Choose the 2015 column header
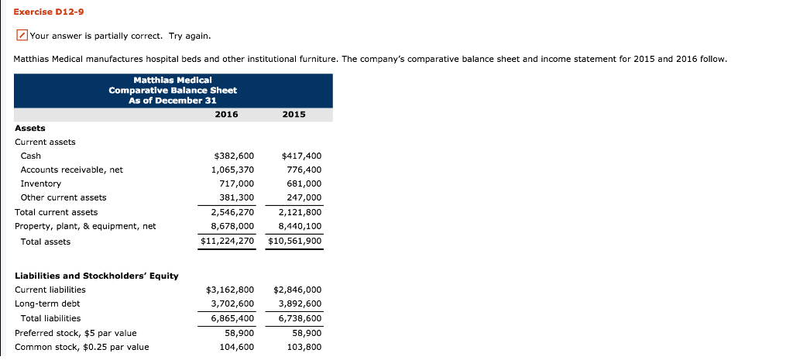[x=294, y=115]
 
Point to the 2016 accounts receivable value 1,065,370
[x=232, y=170]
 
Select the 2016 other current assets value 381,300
[x=236, y=197]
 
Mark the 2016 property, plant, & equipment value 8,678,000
[x=232, y=226]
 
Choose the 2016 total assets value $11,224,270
[x=227, y=242]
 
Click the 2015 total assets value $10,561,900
[x=294, y=242]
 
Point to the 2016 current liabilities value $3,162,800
[x=230, y=290]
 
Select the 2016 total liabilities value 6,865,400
[x=232, y=318]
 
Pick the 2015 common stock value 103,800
[x=304, y=347]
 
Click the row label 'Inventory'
[x=40, y=183]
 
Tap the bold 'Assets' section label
[x=30, y=128]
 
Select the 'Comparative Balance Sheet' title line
[x=173, y=90]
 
